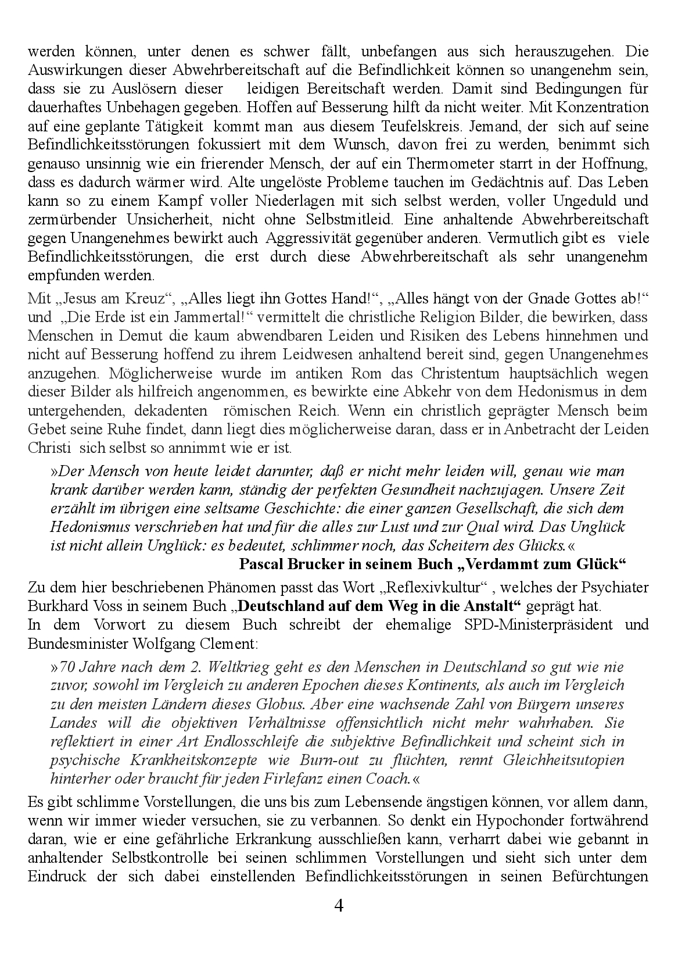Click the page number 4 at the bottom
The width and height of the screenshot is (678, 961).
339,905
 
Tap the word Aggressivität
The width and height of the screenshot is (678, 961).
306,238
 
